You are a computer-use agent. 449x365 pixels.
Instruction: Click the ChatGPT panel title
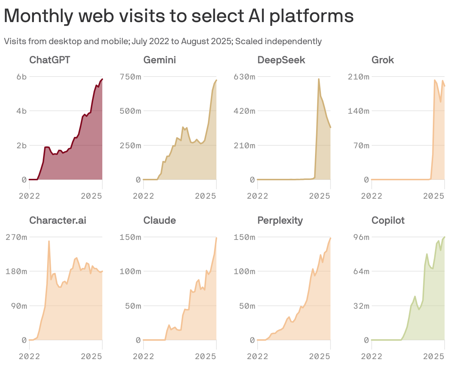(x=50, y=60)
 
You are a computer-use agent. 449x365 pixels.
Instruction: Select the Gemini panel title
(x=159, y=60)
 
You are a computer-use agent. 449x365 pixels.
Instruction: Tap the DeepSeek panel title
(x=281, y=60)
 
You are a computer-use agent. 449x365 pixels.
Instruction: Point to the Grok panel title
(x=382, y=60)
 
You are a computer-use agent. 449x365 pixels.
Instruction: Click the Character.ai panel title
(x=58, y=220)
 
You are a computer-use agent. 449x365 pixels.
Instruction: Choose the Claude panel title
(x=159, y=220)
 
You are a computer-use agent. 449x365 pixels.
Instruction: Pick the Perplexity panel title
(x=280, y=220)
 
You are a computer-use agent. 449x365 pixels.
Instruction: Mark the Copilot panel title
(x=388, y=220)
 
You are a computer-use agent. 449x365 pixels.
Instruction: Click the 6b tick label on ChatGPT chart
(x=21, y=77)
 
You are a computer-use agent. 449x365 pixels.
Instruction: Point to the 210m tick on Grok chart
(x=358, y=77)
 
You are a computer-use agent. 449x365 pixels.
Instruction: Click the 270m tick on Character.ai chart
(x=16, y=237)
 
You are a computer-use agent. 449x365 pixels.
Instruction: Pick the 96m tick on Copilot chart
(x=361, y=237)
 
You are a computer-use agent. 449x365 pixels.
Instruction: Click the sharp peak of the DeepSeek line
(x=319, y=79)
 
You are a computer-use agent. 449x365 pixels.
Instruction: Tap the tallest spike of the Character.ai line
(x=49, y=241)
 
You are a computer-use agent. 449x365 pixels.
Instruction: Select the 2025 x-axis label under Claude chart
(x=205, y=356)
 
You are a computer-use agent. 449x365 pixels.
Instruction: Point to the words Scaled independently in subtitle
(x=278, y=41)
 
